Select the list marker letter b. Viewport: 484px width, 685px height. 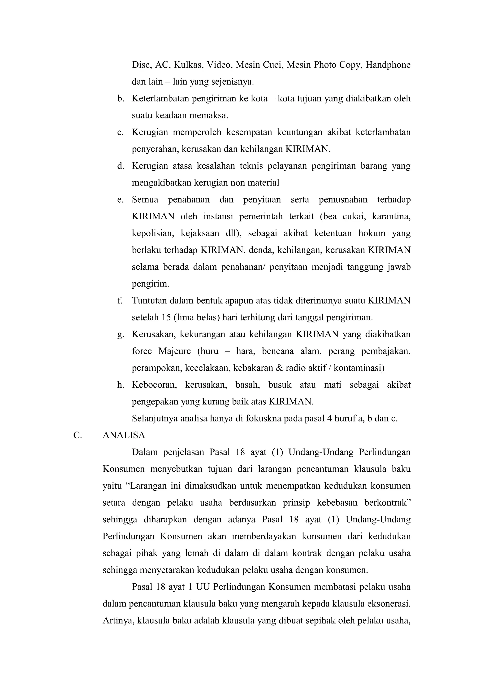tap(121, 99)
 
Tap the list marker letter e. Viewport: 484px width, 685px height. tap(120, 199)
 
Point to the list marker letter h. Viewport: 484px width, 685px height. tap(121, 385)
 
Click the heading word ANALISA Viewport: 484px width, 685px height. tap(124, 435)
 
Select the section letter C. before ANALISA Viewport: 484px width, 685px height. tap(78, 435)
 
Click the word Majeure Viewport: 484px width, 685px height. tap(174, 351)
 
